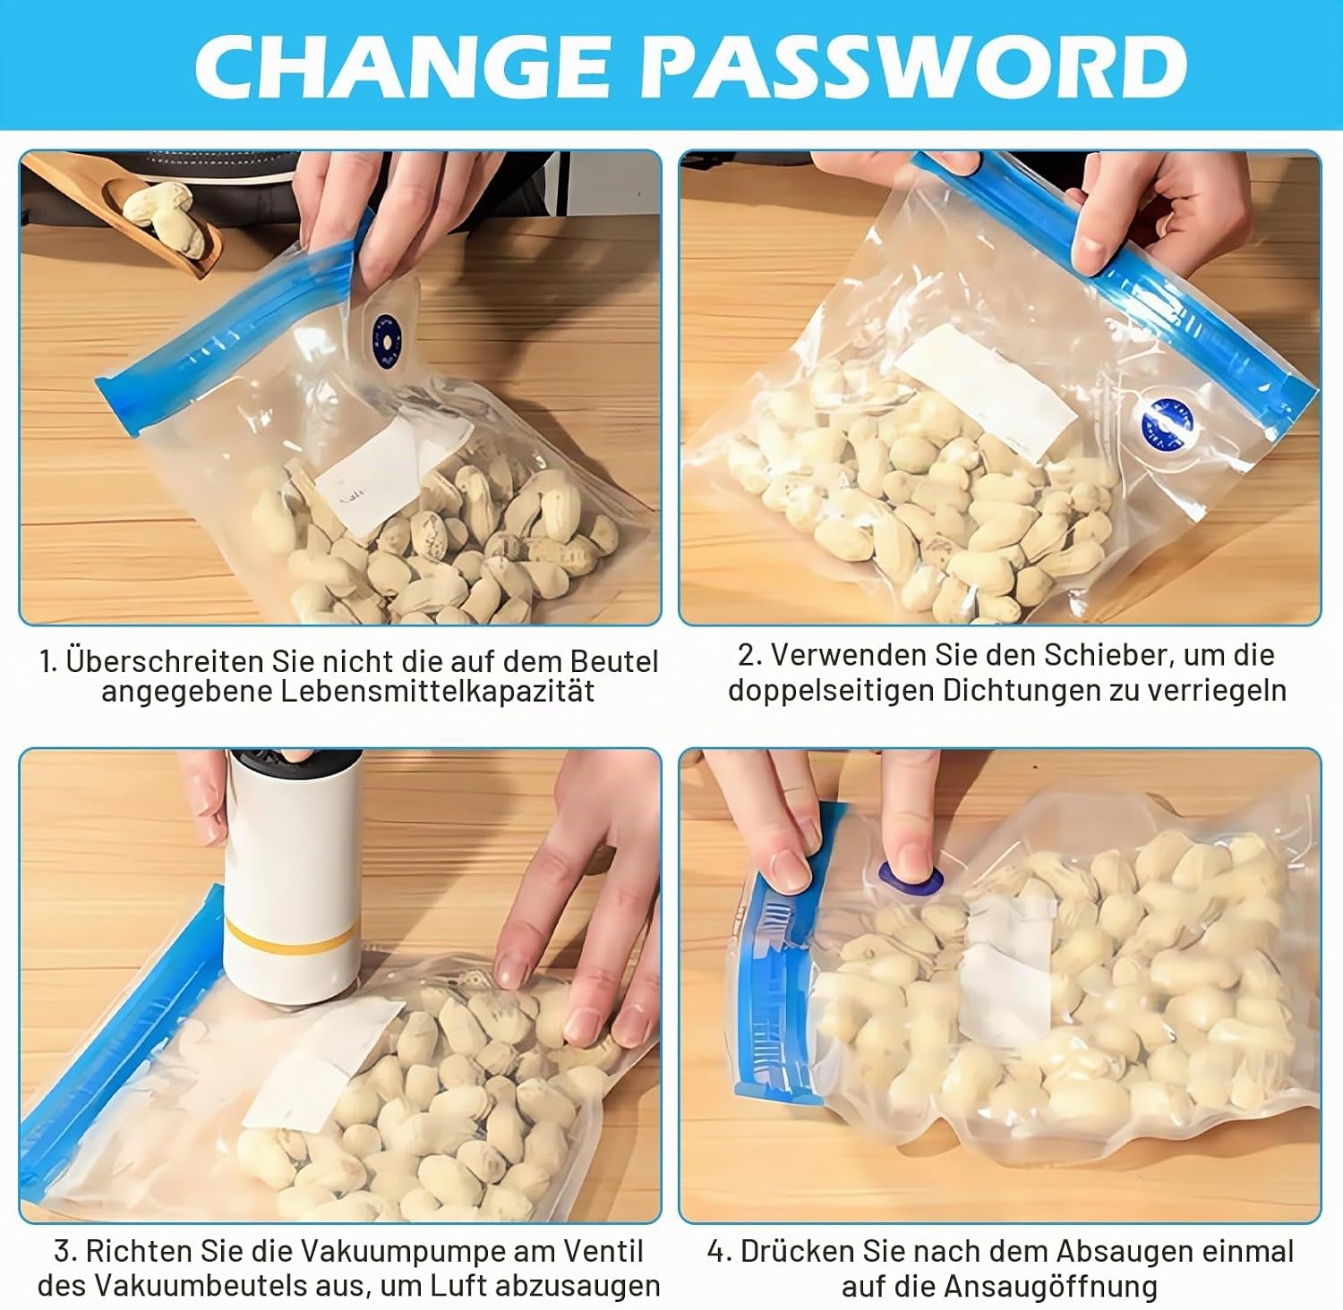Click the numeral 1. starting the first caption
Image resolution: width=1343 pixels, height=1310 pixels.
(x=48, y=662)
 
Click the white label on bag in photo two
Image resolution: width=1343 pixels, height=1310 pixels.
(x=986, y=391)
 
